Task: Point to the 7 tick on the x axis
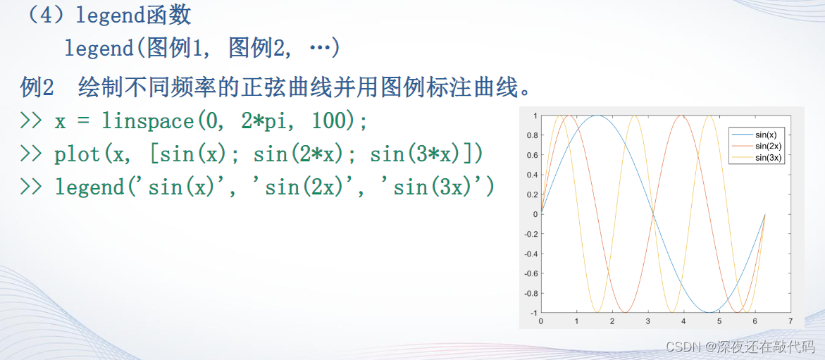pos(790,321)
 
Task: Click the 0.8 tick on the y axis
pos(531,135)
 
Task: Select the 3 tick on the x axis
pos(647,321)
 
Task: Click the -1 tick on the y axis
pos(533,314)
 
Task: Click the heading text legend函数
pos(134,15)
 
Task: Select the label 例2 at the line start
pos(37,88)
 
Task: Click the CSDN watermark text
pos(741,347)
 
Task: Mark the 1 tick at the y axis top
pos(534,116)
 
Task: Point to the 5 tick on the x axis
pos(719,321)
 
